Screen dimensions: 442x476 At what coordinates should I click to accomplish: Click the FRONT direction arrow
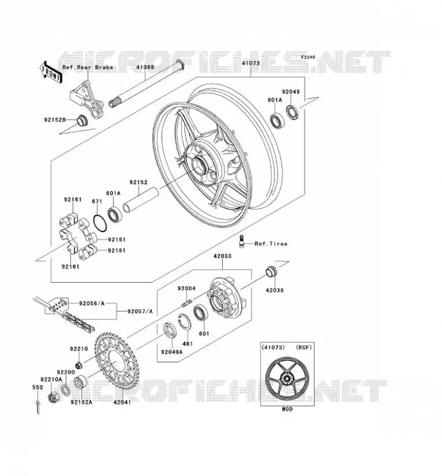click(x=51, y=72)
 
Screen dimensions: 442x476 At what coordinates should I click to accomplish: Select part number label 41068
click(x=145, y=67)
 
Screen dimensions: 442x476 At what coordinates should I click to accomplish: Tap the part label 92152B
click(x=55, y=120)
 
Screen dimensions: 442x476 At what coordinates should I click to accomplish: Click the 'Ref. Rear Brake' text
click(x=88, y=67)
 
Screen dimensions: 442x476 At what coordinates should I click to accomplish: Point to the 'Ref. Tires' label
click(x=271, y=244)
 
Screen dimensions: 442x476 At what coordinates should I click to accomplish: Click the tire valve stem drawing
click(x=242, y=242)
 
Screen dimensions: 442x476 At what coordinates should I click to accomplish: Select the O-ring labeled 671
click(x=100, y=223)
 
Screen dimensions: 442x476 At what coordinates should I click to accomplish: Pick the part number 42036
click(x=275, y=290)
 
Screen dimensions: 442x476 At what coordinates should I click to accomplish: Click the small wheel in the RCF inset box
click(x=287, y=378)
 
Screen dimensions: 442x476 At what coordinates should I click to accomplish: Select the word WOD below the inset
click(x=287, y=409)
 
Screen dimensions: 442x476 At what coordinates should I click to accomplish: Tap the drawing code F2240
click(x=308, y=57)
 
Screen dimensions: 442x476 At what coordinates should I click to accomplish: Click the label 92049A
click(x=172, y=352)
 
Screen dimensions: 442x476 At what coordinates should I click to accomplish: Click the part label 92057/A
click(x=140, y=311)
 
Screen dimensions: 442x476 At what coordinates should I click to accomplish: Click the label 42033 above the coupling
click(x=222, y=256)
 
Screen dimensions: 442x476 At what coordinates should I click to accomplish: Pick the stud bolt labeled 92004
click(x=187, y=303)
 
